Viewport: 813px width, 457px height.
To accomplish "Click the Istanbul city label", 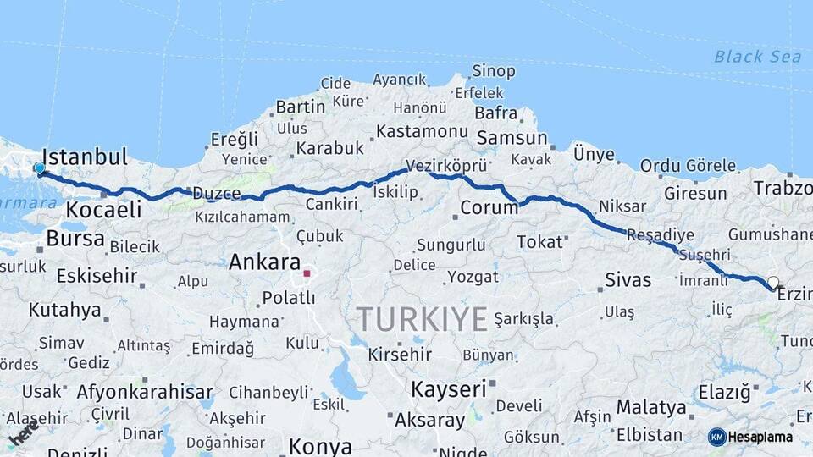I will coord(85,157).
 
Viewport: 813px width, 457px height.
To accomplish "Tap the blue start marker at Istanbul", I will coord(39,169).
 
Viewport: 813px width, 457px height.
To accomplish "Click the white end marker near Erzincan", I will coord(772,283).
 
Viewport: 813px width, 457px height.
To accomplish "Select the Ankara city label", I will coord(265,262).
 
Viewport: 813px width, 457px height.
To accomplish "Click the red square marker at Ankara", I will coord(307,273).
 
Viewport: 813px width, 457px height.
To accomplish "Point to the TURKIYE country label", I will coord(422,319).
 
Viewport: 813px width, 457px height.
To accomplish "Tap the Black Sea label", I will coord(757,57).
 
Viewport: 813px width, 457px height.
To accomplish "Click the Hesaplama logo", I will coord(750,437).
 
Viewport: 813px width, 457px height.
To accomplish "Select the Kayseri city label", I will coord(449,389).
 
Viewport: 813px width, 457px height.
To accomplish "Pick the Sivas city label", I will coord(628,280).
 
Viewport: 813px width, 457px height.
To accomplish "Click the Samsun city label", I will coord(512,138).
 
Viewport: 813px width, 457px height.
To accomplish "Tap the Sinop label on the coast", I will coord(494,72).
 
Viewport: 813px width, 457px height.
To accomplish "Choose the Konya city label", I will coord(320,446).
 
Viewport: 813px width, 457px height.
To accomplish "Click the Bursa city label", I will coord(75,239).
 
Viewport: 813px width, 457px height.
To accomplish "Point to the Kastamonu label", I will coord(422,131).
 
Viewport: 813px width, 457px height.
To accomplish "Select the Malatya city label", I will coord(651,407).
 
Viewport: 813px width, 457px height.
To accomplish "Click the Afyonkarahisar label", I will coord(145,392).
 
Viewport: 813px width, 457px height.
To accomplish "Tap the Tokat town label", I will coord(539,242).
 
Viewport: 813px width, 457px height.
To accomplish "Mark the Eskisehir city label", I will coord(97,275).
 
